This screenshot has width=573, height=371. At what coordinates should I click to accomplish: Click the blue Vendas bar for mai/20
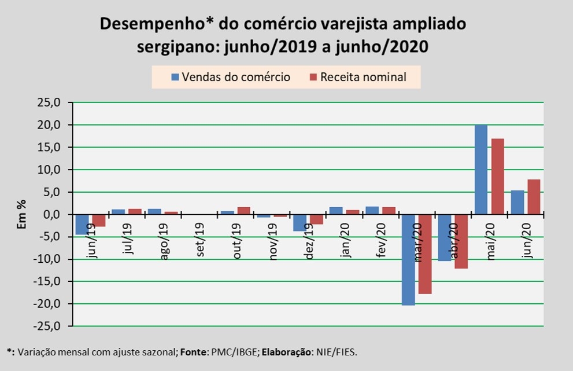click(x=480, y=170)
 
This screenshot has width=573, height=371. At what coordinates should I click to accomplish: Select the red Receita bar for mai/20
click(x=497, y=177)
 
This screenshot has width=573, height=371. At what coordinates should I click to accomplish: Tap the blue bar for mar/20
click(x=409, y=260)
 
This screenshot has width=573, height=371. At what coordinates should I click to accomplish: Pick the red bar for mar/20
click(x=425, y=254)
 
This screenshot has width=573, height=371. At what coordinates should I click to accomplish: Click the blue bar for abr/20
click(x=445, y=238)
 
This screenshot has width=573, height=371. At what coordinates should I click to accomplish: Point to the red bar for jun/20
click(x=533, y=197)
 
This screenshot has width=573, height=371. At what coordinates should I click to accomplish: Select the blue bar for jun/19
click(x=83, y=225)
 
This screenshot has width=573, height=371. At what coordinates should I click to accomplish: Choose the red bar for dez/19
click(x=316, y=219)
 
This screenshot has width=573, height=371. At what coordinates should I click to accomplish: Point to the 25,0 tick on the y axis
click(x=48, y=103)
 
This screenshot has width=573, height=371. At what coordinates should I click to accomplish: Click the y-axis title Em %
click(x=21, y=214)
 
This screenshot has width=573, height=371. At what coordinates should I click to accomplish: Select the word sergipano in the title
click(x=172, y=46)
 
